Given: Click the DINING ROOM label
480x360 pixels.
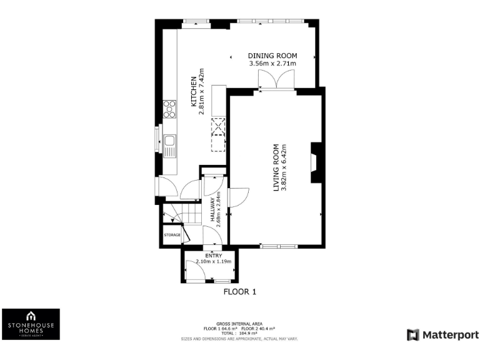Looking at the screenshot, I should click(x=272, y=55).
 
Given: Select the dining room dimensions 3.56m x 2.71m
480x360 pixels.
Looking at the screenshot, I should click(x=272, y=63).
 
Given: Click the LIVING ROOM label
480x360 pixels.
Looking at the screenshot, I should click(x=276, y=167).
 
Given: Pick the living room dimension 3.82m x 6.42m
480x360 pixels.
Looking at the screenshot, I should click(x=284, y=167).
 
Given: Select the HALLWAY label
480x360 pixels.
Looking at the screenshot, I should click(x=212, y=209).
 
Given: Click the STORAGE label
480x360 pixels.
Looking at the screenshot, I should click(x=172, y=235).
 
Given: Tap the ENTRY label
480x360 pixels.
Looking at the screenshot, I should click(x=214, y=255).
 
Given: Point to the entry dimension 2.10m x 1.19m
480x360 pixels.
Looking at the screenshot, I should click(x=214, y=261).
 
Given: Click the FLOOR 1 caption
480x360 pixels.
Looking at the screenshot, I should click(x=240, y=291).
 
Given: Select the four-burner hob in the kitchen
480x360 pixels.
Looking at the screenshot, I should click(x=169, y=110).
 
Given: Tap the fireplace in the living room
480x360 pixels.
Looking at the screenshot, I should click(x=317, y=162).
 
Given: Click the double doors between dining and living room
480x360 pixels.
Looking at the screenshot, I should click(x=276, y=80).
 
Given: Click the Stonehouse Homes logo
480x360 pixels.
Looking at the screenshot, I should click(x=31, y=324).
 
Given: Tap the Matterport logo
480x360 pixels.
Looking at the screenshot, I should click(x=442, y=335).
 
